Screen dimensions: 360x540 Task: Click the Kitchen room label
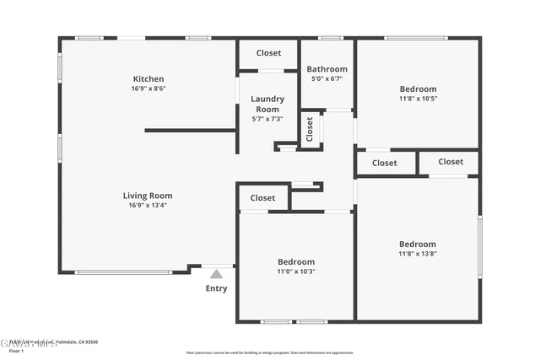coord(148,78)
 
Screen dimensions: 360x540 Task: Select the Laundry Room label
coord(267,104)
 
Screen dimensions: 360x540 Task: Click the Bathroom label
coord(327,69)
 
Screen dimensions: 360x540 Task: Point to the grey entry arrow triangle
coord(216,273)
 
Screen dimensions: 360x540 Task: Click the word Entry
coord(216,288)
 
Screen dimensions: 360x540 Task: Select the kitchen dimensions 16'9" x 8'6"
coord(148,89)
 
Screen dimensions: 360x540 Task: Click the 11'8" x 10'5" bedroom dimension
coord(418,99)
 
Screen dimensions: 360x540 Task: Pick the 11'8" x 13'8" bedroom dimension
coord(418,254)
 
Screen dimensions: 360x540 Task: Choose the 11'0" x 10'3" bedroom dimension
coord(296,271)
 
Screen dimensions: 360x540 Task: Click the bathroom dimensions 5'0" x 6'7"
coord(327,78)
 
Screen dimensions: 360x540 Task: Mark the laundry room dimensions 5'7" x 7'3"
coord(267,119)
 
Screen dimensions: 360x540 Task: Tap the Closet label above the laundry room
coord(268,53)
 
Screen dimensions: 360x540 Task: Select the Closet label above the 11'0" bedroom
coord(262,198)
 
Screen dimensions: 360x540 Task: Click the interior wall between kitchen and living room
coord(190,131)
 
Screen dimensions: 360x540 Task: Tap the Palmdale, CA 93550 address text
coord(76,341)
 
